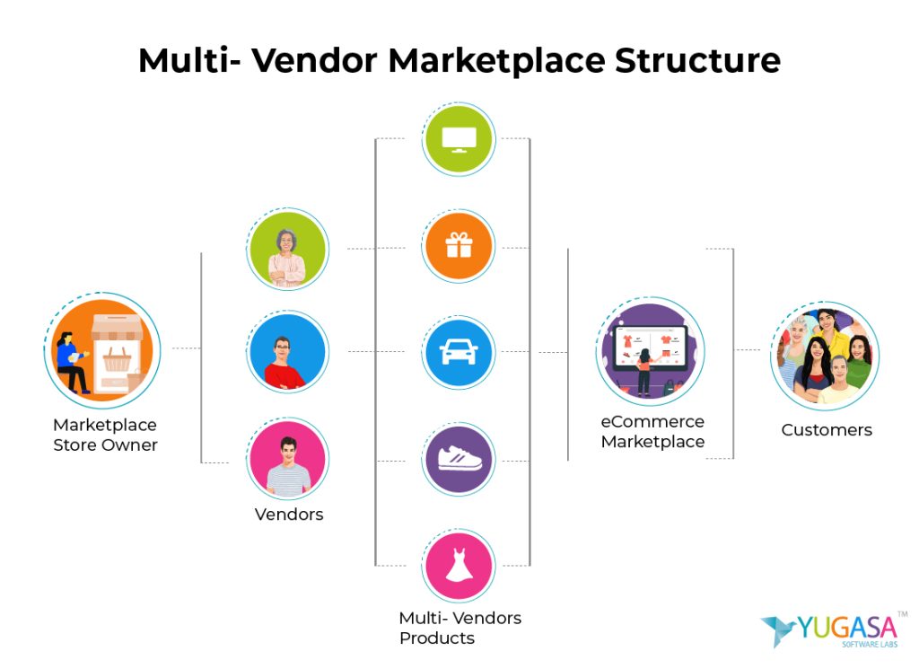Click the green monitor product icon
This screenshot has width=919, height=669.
click(x=459, y=139)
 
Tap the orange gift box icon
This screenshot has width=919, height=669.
click(x=459, y=246)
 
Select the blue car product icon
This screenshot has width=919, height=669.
click(x=459, y=353)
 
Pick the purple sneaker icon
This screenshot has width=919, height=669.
click(x=459, y=460)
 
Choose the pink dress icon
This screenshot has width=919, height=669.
click(x=459, y=566)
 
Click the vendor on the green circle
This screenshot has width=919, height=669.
click(x=288, y=249)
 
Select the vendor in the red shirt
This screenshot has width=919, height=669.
click(x=288, y=353)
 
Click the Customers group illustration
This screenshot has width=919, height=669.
click(x=825, y=356)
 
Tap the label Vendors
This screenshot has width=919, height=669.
click(x=289, y=515)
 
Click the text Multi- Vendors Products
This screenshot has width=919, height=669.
click(x=459, y=628)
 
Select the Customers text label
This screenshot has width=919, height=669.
click(x=827, y=430)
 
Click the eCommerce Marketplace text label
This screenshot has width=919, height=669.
click(x=652, y=431)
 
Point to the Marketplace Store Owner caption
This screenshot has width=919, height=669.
click(x=105, y=435)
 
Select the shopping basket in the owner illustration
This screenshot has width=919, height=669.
click(x=118, y=360)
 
